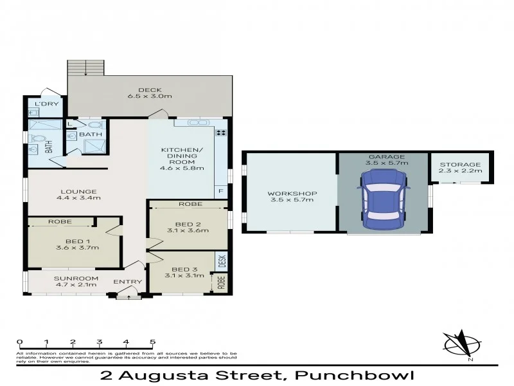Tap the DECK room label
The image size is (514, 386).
pos(150,90)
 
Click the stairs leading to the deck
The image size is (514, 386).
pos(86,68)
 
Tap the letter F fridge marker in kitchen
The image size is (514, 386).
pos(221,192)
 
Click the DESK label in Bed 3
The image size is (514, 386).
pos(222,261)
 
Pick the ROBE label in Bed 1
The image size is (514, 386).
pos(60,222)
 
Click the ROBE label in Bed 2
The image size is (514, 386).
pos(191,204)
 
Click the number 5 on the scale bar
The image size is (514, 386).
pos(152,342)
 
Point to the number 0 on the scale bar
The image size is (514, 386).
pos(20,342)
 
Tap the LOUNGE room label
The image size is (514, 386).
pos(79,191)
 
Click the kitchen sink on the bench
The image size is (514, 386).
pos(195,122)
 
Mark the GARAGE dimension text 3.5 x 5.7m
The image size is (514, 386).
pos(386,164)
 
